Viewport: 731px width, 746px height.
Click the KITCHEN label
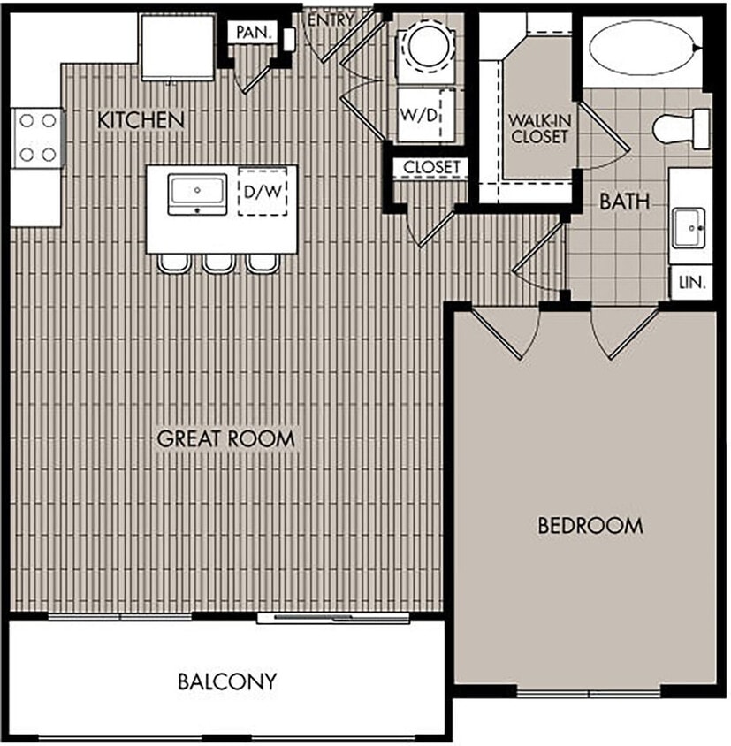(141, 120)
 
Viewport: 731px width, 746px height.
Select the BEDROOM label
(590, 526)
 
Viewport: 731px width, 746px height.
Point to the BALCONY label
(227, 681)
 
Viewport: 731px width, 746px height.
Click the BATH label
(624, 202)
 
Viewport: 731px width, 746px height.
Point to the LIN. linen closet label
(690, 283)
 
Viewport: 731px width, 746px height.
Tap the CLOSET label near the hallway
(431, 167)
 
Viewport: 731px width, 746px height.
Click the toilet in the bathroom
(682, 129)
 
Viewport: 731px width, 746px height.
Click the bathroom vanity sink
(687, 228)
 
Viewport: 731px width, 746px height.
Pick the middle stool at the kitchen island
(217, 263)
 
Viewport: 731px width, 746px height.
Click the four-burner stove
(37, 137)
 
